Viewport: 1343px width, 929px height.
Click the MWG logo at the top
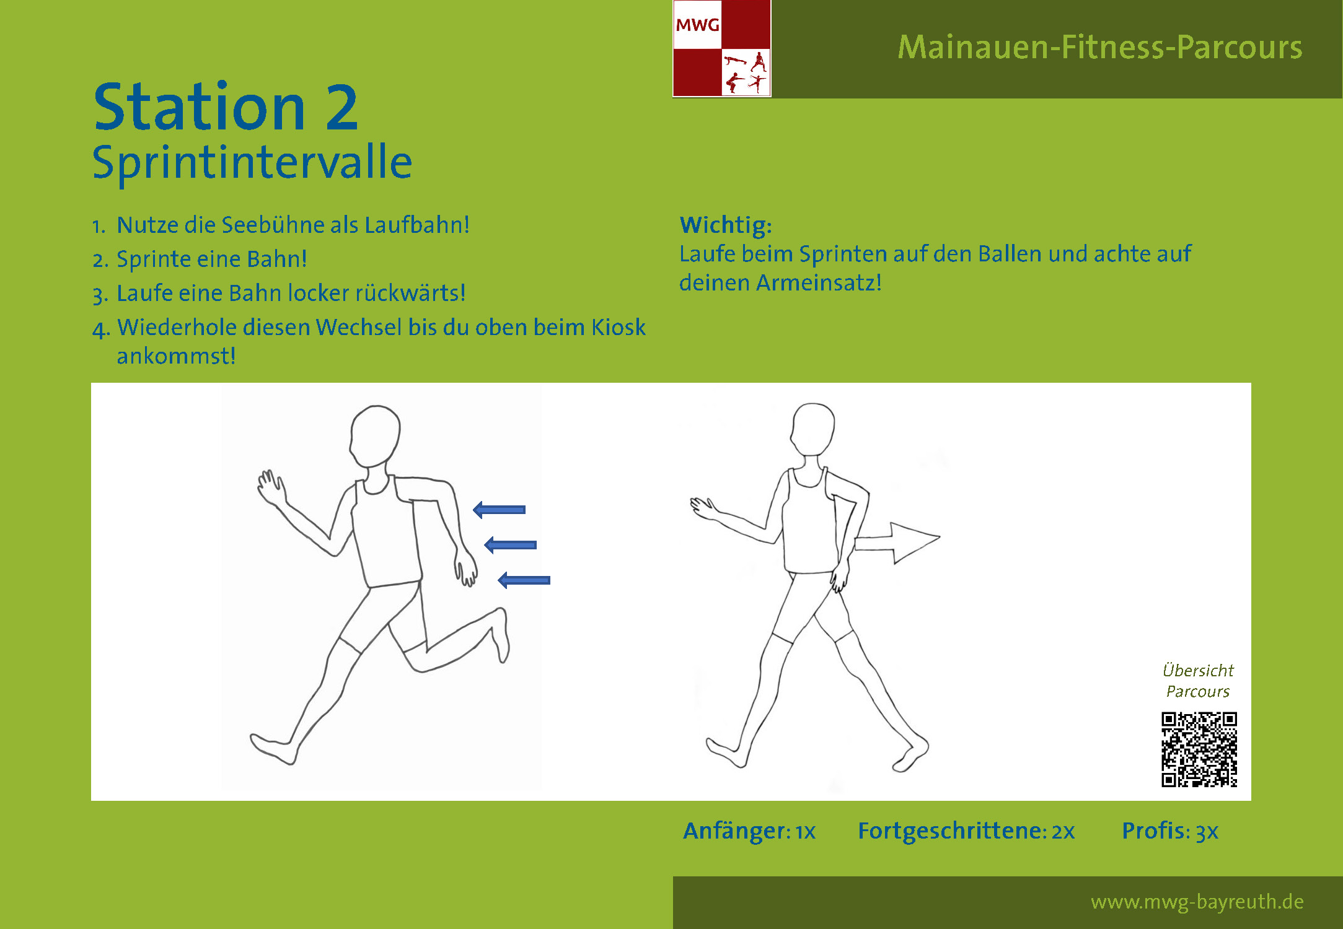click(722, 48)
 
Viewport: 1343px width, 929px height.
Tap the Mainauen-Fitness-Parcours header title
click(1100, 47)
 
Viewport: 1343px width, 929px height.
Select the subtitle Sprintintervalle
click(252, 162)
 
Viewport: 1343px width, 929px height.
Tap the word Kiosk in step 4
click(618, 327)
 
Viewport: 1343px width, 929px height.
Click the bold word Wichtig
click(726, 225)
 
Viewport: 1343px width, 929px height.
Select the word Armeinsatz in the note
click(815, 282)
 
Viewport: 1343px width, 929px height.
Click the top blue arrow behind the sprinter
click(500, 510)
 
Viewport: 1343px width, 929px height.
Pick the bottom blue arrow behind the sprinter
click(524, 580)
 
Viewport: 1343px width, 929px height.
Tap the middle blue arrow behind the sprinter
click(511, 545)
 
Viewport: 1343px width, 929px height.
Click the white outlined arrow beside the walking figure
click(897, 543)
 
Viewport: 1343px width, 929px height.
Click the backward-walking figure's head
click(812, 429)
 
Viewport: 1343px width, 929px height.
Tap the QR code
click(1199, 749)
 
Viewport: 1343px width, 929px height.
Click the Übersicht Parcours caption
click(1198, 681)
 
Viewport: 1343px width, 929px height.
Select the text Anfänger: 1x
click(749, 831)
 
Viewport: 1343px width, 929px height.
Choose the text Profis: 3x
click(1170, 831)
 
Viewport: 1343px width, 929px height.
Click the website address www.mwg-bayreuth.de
click(1197, 902)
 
